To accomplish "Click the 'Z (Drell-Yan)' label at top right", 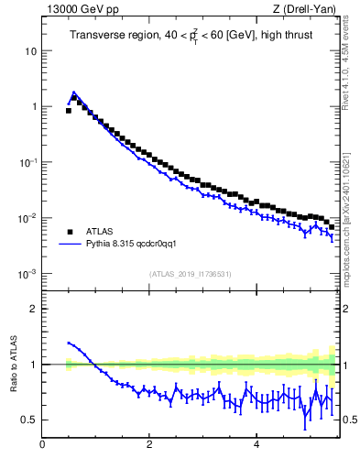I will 310,10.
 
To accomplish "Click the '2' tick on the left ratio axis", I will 34,309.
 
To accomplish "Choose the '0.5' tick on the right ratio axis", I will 349,420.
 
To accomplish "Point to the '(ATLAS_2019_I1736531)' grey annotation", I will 190,274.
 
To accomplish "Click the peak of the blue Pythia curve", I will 73,93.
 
